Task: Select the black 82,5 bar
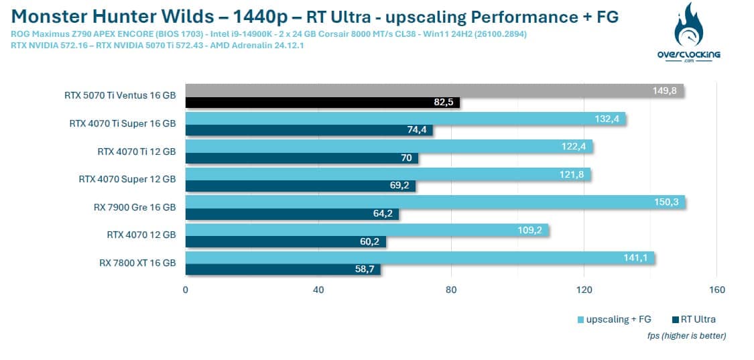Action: tap(322, 103)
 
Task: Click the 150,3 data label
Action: tap(668, 202)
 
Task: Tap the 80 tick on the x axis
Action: tap(451, 290)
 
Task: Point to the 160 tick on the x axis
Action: tap(716, 290)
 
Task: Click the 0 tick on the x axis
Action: tap(186, 290)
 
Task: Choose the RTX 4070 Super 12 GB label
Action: tap(127, 179)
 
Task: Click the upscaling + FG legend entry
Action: tap(613, 319)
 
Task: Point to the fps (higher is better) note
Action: tap(686, 335)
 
